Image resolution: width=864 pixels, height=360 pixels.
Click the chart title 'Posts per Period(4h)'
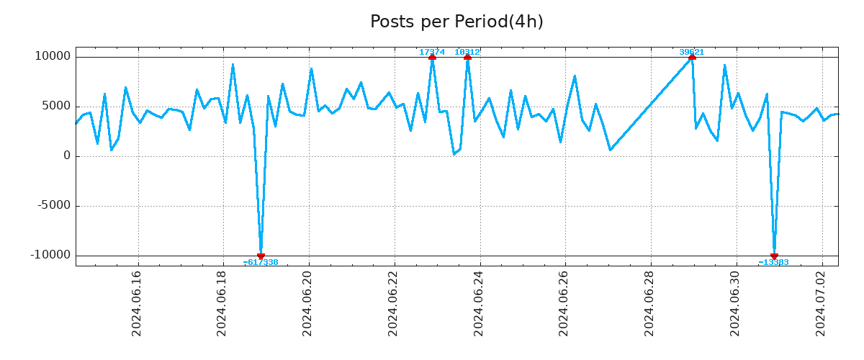(456, 22)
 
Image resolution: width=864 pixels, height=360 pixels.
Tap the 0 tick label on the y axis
(67, 156)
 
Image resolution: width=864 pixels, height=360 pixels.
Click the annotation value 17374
(432, 52)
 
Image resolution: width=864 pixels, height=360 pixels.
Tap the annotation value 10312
(467, 52)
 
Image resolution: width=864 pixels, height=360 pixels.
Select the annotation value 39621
(692, 52)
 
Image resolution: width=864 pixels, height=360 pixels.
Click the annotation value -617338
(261, 262)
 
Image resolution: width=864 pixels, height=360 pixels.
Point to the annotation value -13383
(774, 262)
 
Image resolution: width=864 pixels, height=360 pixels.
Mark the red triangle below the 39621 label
(692, 57)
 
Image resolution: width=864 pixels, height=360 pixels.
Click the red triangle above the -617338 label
(261, 256)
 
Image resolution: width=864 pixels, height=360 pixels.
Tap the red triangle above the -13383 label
(774, 256)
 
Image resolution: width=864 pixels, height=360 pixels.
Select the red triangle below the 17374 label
(432, 57)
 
